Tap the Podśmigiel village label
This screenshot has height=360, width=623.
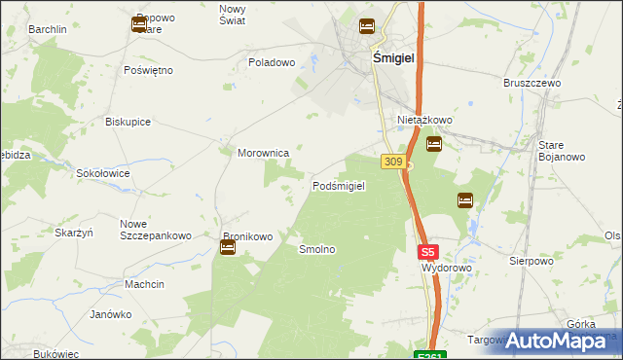tap(338, 186)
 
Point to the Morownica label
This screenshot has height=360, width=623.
tap(264, 153)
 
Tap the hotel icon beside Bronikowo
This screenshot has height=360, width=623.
tap(227, 248)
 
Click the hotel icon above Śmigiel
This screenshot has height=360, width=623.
tap(367, 26)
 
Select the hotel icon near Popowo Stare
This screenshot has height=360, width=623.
tap(138, 24)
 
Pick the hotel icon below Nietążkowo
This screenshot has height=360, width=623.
tap(434, 145)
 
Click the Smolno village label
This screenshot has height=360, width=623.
tap(317, 250)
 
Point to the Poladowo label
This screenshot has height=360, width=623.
tap(272, 62)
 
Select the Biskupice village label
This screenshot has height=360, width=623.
tap(128, 123)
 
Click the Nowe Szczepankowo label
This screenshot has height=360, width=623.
tap(155, 230)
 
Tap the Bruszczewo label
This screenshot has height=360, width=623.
tap(532, 84)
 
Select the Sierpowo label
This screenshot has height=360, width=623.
tap(531, 261)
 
